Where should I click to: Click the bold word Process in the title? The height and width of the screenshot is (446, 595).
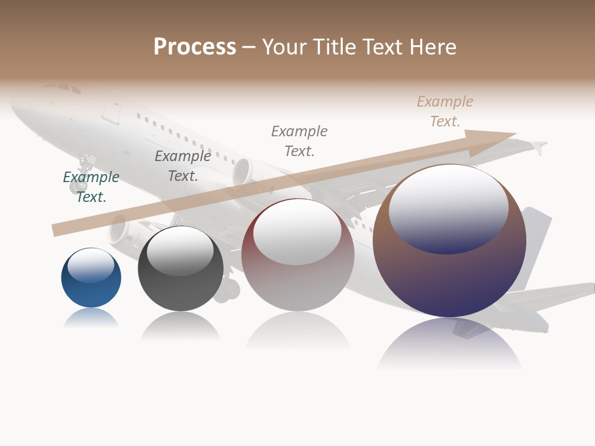point(195,47)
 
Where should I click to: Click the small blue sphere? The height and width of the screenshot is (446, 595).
point(91,278)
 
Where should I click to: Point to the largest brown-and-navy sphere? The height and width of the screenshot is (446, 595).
point(449,242)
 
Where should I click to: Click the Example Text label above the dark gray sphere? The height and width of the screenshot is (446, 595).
point(183,166)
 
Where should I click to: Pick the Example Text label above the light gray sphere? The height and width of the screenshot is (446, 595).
point(299,141)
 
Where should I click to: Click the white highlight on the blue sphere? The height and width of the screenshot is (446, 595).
point(91,265)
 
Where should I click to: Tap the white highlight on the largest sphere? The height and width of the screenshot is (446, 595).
point(449,208)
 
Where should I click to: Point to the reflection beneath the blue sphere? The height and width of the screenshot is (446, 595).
point(91,318)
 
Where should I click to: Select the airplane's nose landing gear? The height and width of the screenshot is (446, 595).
point(82,174)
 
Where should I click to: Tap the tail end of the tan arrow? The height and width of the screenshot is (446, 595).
point(56,230)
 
